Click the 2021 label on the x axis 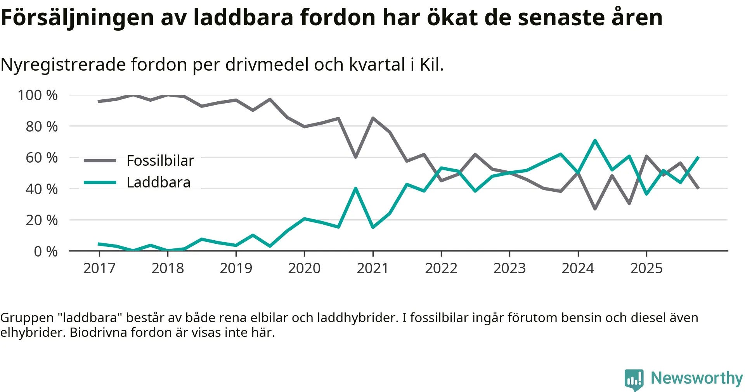[372, 268]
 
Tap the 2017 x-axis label [99, 268]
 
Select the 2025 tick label [646, 268]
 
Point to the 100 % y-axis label [38, 95]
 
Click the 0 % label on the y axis [46, 252]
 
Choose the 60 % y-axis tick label [42, 158]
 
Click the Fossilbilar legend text [160, 161]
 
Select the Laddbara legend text [159, 182]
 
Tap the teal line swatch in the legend [100, 182]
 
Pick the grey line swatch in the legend [100, 161]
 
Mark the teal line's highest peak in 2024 [595, 140]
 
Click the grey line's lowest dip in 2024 [595, 209]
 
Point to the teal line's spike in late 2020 [355, 189]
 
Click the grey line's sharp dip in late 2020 [355, 157]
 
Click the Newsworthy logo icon [634, 379]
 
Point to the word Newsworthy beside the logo [696, 378]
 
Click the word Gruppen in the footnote [27, 318]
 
